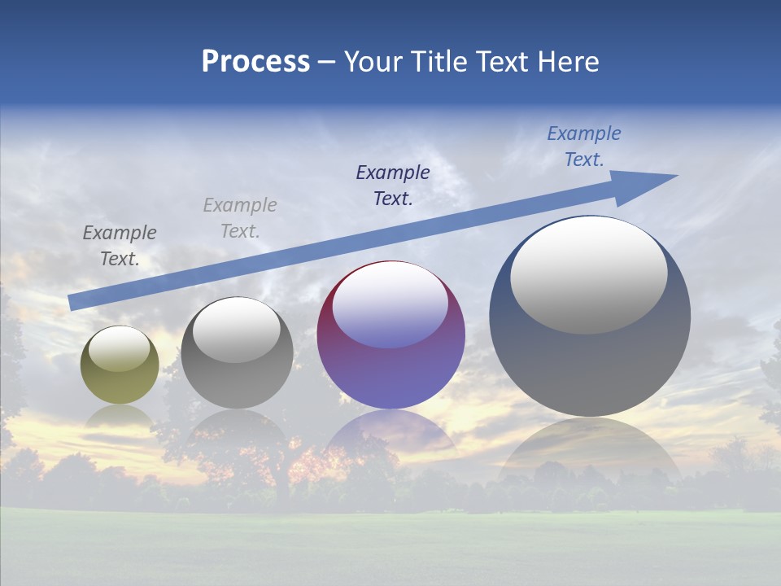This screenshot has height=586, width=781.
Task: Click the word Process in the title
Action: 255,62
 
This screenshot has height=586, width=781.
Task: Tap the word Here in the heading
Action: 569,62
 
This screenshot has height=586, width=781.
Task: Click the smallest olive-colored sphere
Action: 120,376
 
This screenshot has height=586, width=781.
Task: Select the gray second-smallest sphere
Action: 237,383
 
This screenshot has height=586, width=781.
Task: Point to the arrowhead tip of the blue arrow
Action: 675,176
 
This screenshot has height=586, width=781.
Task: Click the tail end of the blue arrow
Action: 72,303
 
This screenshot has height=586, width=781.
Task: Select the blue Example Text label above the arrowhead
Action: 583,146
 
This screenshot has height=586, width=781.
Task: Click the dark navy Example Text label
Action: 393,186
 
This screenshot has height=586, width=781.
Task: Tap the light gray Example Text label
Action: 240,218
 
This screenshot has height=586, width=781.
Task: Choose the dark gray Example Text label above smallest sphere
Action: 120,246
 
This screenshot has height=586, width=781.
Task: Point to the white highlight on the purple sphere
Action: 390,304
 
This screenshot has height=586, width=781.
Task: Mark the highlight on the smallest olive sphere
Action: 120,348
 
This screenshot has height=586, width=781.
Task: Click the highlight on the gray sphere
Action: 237,330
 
